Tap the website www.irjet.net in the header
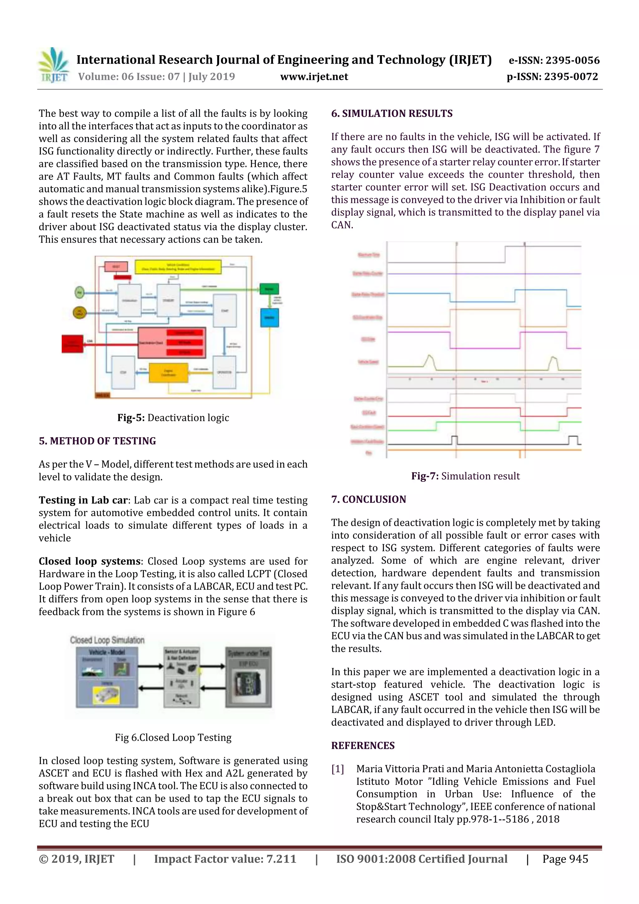(x=314, y=77)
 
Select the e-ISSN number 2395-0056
(x=554, y=60)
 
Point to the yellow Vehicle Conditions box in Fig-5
(x=178, y=266)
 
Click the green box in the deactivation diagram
(x=269, y=289)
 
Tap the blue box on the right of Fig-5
(x=269, y=317)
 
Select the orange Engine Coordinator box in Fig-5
(x=168, y=373)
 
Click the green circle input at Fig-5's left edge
(x=80, y=292)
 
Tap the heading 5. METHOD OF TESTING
(x=97, y=441)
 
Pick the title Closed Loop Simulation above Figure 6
(x=107, y=640)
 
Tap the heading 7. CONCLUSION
(x=368, y=499)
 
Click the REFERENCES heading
(x=363, y=745)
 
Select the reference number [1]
(x=337, y=769)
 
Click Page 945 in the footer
(x=565, y=859)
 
